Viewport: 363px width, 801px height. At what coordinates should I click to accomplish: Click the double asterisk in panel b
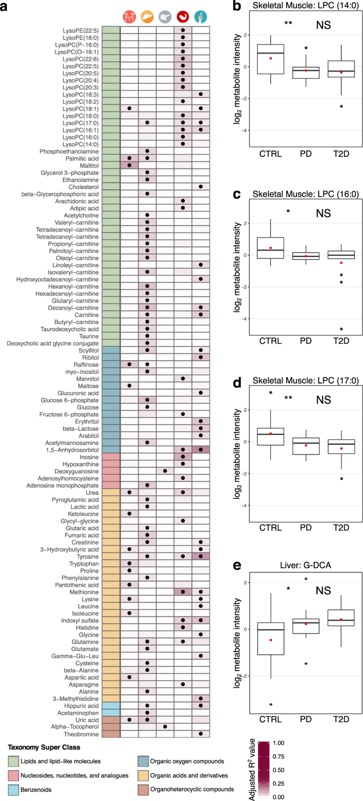288,23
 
